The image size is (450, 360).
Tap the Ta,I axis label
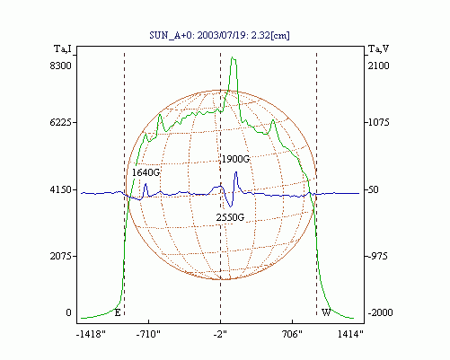pyautogui.click(x=63, y=48)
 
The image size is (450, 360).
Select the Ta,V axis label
pyautogui.click(x=378, y=48)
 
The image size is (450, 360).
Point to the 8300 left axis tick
pyautogui.click(x=61, y=66)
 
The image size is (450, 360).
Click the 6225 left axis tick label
pyautogui.click(x=61, y=122)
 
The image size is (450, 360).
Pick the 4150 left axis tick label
pyautogui.click(x=61, y=189)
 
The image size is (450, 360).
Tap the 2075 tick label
pyautogui.click(x=61, y=256)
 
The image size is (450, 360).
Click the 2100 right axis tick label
pyautogui.click(x=379, y=66)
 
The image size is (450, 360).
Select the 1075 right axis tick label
pyautogui.click(x=379, y=122)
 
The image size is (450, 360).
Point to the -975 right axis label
pyautogui.click(x=377, y=256)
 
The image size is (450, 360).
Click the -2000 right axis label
pyautogui.click(x=380, y=312)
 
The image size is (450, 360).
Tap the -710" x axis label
pyautogui.click(x=148, y=334)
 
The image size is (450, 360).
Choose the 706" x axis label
pyautogui.click(x=292, y=334)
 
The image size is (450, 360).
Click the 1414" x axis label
pyautogui.click(x=350, y=334)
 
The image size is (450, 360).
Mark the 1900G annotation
pyautogui.click(x=235, y=159)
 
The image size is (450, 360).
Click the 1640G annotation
pyautogui.click(x=146, y=172)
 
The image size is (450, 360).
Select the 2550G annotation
pyautogui.click(x=230, y=217)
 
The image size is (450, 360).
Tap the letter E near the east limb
pyautogui.click(x=118, y=313)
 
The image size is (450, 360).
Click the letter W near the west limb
pyautogui.click(x=326, y=312)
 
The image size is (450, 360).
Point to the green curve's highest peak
pyautogui.click(x=234, y=57)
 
